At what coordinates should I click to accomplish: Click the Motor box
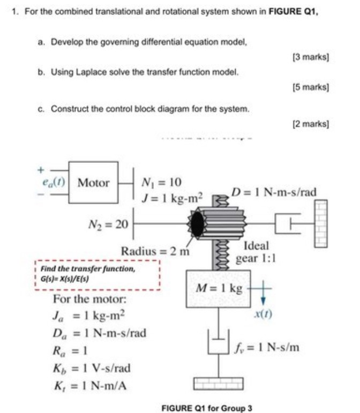[94, 183]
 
